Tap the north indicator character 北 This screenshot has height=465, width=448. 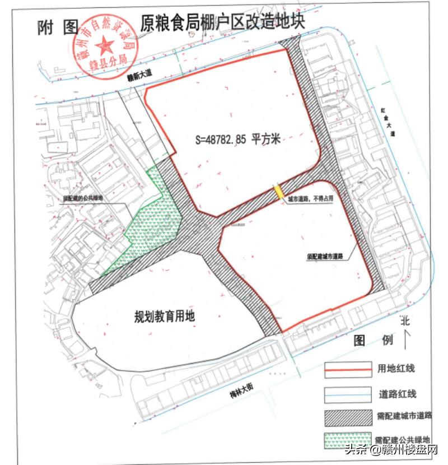tap(405, 322)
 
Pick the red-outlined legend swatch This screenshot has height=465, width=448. tap(348, 369)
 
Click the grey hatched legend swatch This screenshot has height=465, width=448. tap(348, 416)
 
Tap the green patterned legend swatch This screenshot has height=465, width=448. tap(348, 440)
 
